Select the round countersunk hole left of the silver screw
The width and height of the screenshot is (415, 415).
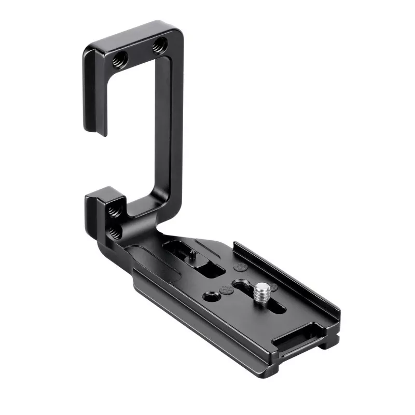point(211,297)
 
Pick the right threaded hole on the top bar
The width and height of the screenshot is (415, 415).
point(159,48)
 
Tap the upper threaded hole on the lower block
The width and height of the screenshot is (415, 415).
point(115,212)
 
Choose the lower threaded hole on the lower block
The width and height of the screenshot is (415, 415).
point(115,233)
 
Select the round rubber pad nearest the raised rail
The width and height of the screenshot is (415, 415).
point(241,267)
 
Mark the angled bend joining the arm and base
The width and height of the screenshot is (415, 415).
point(156,228)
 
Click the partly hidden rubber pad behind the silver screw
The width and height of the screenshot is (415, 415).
point(273,287)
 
